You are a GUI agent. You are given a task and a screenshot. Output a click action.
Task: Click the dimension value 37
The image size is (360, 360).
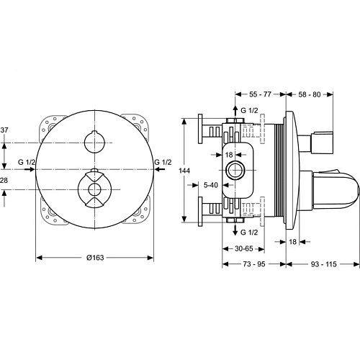[5, 130]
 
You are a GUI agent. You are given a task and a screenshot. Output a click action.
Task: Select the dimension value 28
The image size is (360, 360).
[5, 179]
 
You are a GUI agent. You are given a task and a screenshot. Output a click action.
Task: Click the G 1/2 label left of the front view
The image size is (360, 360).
[27, 162]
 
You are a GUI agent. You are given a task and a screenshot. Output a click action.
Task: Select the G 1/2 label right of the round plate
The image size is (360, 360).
[163, 162]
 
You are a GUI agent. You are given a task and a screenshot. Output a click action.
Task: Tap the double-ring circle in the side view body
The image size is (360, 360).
[234, 171]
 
